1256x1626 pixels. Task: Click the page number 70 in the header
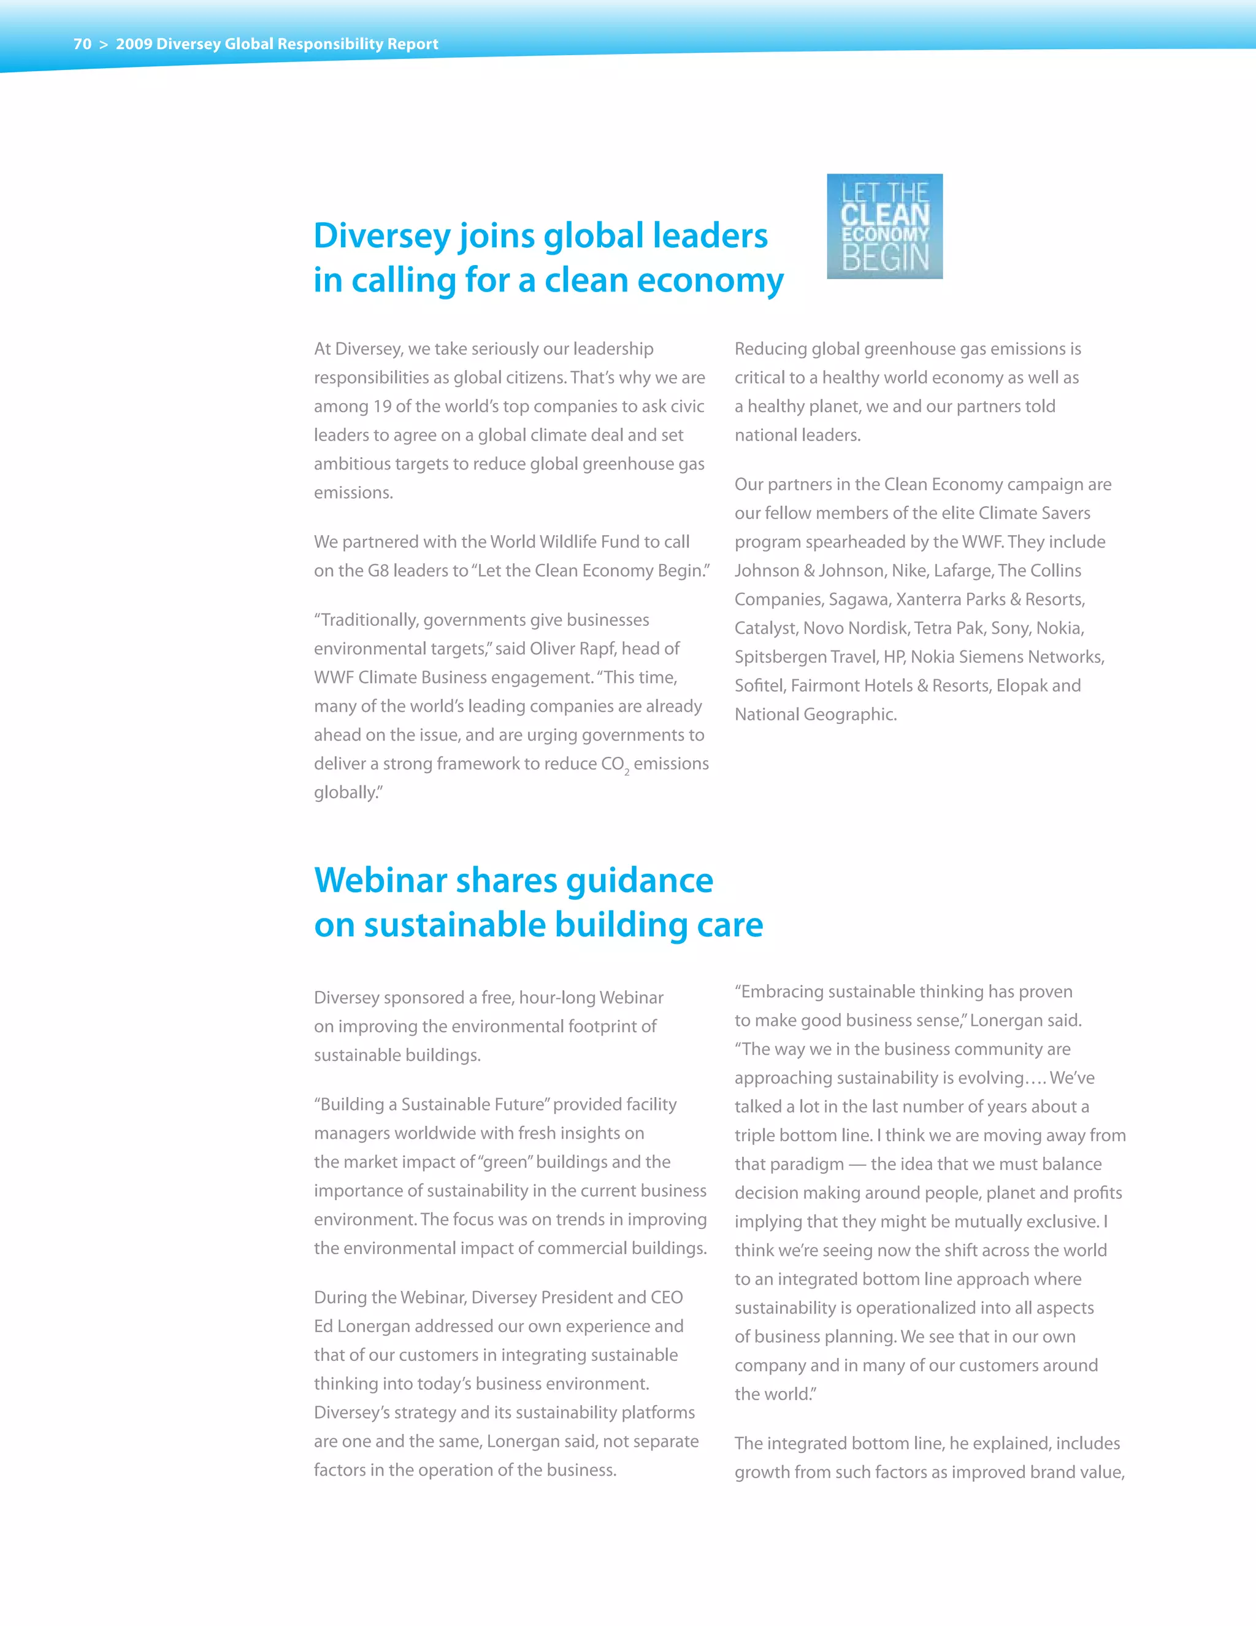[82, 44]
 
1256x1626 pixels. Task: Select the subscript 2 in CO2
[627, 773]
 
